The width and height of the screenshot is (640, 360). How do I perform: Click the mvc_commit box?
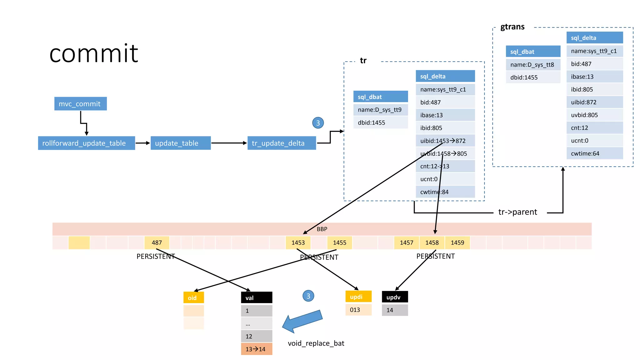coord(80,104)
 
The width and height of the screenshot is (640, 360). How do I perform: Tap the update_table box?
coord(180,143)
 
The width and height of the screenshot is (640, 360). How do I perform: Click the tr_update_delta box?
coord(281,143)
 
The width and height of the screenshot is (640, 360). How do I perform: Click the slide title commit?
coord(94,53)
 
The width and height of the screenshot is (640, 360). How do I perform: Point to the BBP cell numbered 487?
coord(157,243)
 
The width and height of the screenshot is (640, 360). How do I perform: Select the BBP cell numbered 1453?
coord(298,243)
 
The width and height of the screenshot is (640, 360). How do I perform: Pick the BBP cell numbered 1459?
coord(457,243)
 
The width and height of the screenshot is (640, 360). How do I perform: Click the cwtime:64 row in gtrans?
coord(594,153)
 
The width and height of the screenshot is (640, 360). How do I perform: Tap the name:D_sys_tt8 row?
coord(533,65)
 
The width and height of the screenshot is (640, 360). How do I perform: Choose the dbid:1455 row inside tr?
coord(380,122)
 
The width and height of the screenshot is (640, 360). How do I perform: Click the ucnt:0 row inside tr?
coord(445,179)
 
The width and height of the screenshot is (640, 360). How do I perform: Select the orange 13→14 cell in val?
coord(256,349)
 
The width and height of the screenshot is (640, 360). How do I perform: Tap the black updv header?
coord(395,297)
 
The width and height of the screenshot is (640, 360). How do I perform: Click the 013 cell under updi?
coord(358,310)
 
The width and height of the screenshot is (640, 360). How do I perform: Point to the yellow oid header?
coord(193,298)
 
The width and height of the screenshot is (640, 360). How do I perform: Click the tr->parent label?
coord(517,212)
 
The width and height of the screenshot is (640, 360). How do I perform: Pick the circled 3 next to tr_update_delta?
coord(318,123)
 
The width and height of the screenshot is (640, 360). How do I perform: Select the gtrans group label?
coord(512,27)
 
